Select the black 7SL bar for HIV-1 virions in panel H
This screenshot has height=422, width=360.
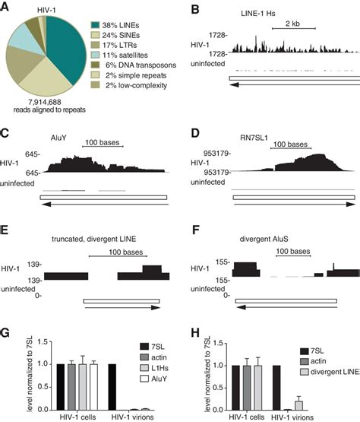[x=276, y=389]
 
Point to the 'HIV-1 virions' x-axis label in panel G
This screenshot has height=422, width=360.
[x=131, y=417]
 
